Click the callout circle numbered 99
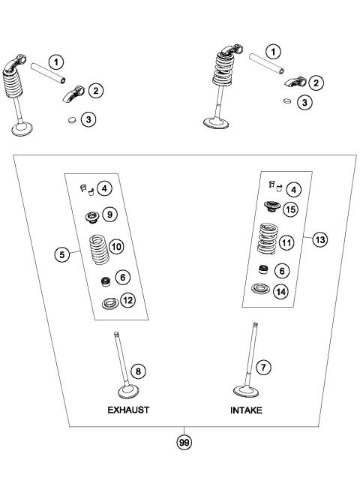[x=183, y=443]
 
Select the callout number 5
[x=63, y=254]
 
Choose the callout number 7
[x=263, y=367]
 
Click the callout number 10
[x=116, y=245]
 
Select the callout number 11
[x=285, y=243]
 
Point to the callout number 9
[x=109, y=215]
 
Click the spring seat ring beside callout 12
[x=109, y=304]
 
